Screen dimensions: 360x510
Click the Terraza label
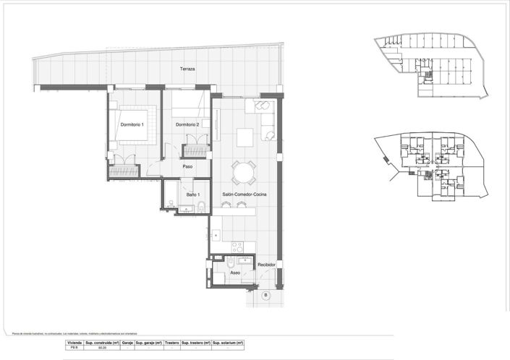click(187, 69)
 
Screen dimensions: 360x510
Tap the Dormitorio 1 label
click(132, 125)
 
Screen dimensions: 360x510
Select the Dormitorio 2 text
click(187, 125)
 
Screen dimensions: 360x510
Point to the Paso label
click(187, 166)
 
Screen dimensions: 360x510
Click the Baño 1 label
click(192, 195)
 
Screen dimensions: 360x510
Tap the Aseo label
click(235, 273)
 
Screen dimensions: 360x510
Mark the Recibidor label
click(266, 265)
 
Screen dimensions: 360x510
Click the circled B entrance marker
click(265, 295)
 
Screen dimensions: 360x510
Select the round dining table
click(244, 172)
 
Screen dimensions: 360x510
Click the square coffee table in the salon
click(245, 136)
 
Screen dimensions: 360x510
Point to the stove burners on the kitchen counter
click(238, 247)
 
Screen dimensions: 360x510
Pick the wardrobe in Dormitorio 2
click(195, 150)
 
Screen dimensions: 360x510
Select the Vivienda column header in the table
click(74, 342)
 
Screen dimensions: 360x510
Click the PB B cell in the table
click(74, 348)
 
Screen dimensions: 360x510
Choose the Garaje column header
click(127, 342)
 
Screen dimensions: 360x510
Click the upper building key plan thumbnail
click(431, 65)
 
